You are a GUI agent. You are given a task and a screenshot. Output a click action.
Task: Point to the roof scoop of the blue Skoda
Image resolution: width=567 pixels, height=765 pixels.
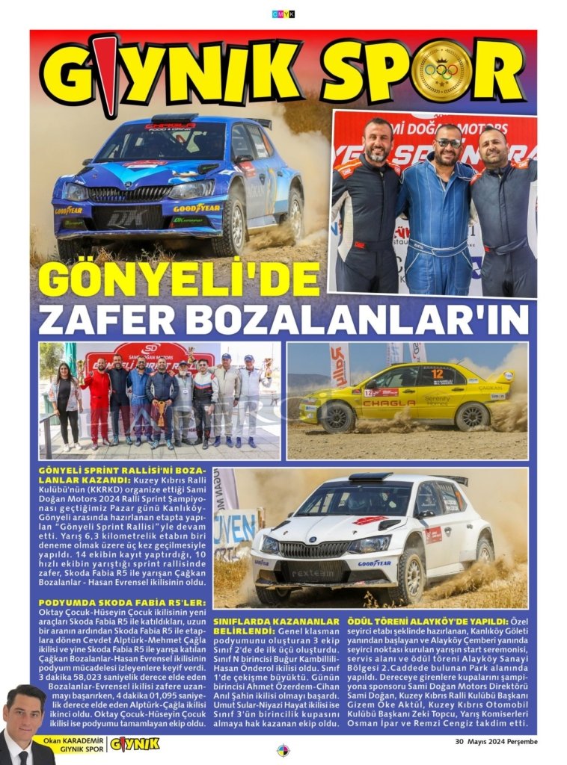pos(174,118)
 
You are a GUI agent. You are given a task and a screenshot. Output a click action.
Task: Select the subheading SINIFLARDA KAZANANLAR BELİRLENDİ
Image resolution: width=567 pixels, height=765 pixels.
pos(276,625)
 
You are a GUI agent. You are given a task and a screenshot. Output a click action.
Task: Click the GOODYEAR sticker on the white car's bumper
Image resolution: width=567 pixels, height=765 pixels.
pos(373,563)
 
